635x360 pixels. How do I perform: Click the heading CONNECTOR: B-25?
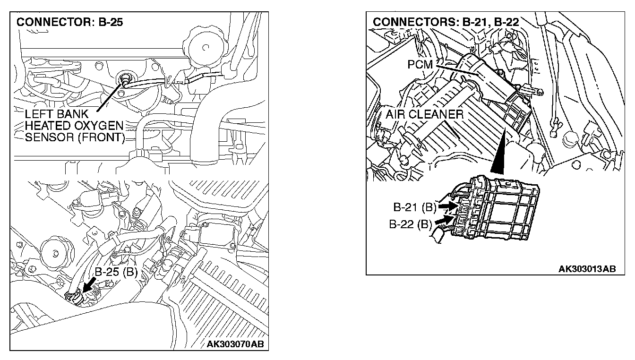point(69,22)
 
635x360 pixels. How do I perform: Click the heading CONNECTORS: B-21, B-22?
point(446,22)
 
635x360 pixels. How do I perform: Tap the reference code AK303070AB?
point(235,343)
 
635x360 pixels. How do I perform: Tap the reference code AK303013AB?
point(587,269)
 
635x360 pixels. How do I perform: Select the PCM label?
point(420,64)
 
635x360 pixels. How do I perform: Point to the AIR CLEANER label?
point(424,114)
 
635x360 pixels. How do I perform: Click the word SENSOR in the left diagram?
point(49,138)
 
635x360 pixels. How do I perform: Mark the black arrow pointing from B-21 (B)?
point(446,206)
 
